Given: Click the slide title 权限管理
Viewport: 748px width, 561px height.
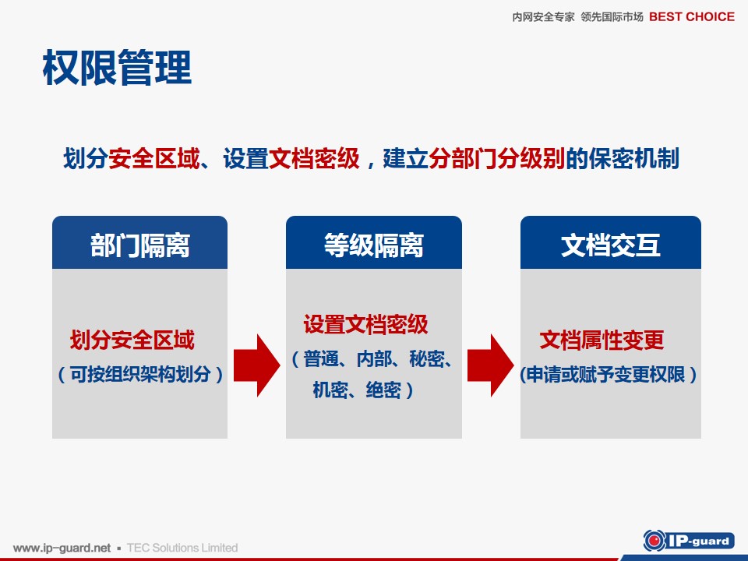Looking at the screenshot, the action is [117, 68].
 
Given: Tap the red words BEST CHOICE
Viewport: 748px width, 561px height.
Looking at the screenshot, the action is [692, 16].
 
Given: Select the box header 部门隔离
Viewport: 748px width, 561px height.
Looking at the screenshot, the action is [139, 245].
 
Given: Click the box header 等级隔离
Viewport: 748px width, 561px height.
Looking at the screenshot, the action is [373, 245].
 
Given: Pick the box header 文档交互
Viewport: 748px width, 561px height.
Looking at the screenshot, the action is [611, 245].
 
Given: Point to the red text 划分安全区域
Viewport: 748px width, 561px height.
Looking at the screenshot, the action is [132, 340].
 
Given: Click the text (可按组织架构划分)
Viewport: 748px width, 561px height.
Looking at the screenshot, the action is [139, 374].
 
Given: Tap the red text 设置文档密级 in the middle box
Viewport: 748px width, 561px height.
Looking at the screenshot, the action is [366, 324].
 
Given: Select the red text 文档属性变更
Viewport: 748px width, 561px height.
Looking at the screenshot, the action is [602, 340].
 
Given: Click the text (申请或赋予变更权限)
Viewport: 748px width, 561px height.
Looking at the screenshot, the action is [609, 375].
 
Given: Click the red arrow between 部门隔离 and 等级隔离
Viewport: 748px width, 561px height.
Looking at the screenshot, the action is [256, 365].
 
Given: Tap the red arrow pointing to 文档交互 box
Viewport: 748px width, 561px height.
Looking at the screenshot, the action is [490, 365].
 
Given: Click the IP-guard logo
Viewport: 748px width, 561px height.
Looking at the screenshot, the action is [689, 541].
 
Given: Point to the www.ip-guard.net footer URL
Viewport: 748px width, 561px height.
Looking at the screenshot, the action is [62, 548].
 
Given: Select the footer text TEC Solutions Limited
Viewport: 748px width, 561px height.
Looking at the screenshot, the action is [182, 548].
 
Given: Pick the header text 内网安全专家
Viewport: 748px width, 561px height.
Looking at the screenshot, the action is [543, 17].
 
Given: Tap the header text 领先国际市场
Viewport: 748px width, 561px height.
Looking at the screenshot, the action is [612, 17].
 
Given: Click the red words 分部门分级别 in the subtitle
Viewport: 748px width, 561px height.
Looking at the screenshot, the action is [496, 158].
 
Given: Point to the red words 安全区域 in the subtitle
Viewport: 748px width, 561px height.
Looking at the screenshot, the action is [154, 158].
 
